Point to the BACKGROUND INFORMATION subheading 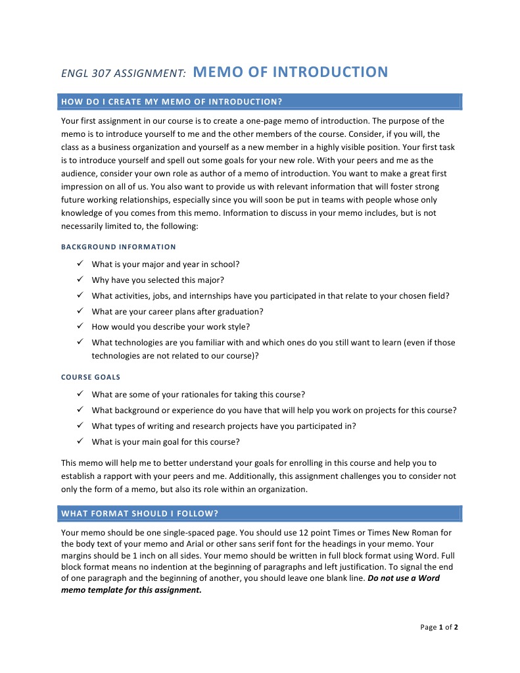pos(118,247)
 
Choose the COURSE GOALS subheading pos(91,377)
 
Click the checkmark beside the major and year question pos(78,264)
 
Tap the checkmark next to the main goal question pos(78,441)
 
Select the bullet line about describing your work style pos(170,327)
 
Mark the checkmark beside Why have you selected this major pos(78,280)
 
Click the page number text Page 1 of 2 pos(439,627)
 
